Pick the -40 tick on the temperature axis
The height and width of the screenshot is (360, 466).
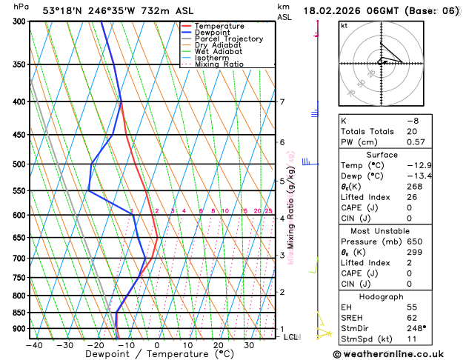(x=34, y=345)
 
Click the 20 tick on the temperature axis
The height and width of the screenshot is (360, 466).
(x=219, y=345)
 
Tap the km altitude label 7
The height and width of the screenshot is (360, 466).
(x=282, y=102)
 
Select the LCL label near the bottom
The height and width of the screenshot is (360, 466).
(x=290, y=337)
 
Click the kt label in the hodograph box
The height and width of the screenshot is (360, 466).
(x=344, y=25)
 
